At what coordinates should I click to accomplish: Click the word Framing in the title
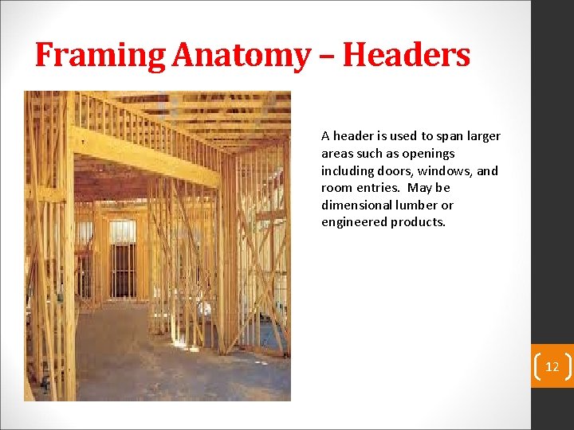(100, 55)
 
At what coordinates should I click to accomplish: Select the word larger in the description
(483, 136)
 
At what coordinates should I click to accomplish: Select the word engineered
(353, 222)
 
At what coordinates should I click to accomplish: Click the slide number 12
(552, 367)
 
